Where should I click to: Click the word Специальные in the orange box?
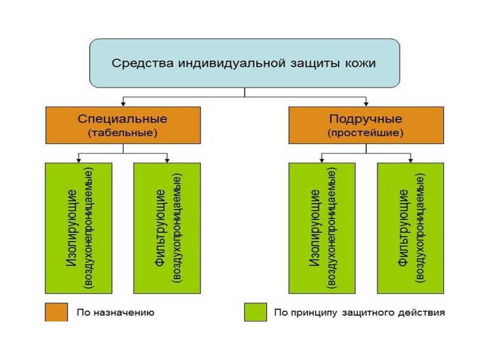(123, 120)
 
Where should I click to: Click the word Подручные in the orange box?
(366, 120)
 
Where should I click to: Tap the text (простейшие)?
(366, 133)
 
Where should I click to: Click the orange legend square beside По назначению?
(55, 312)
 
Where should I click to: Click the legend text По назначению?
(115, 313)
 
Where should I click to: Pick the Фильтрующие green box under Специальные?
(167, 228)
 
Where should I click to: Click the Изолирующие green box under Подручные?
(322, 228)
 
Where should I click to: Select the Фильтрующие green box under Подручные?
(410, 228)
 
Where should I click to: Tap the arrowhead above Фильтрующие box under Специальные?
(167, 160)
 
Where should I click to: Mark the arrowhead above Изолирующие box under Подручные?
(322, 160)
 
